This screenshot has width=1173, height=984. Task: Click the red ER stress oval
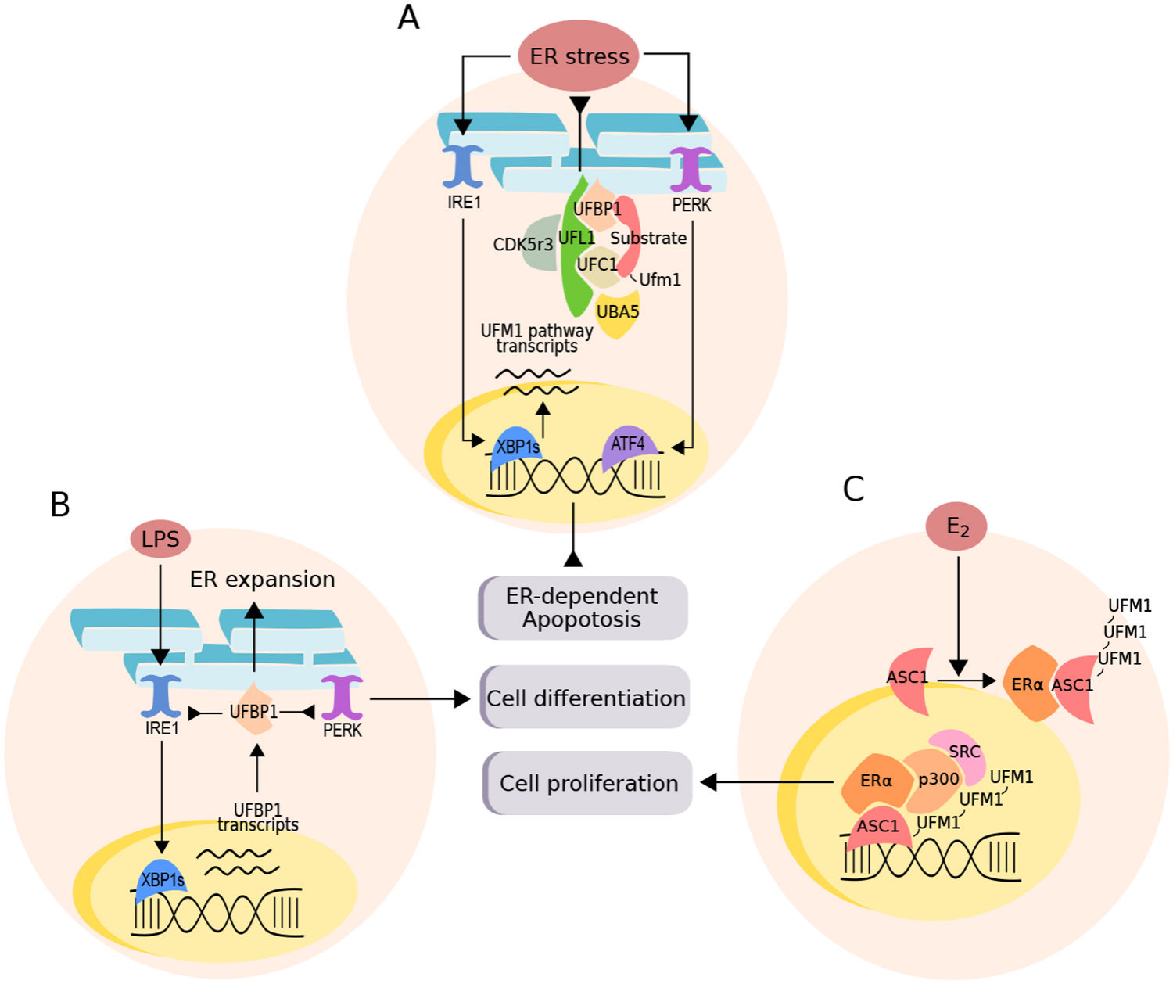[579, 56]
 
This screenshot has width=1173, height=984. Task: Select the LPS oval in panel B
[160, 539]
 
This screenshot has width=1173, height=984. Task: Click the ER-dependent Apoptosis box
[583, 608]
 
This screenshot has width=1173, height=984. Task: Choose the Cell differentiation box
[586, 698]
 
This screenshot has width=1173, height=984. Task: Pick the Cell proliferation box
[589, 783]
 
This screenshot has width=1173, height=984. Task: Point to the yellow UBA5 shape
[618, 314]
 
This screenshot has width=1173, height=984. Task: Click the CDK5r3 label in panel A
[522, 245]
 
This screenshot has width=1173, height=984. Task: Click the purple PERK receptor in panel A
[691, 169]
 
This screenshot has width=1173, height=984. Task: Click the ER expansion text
[262, 579]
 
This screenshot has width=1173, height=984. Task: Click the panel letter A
[408, 17]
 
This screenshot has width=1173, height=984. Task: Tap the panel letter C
[853, 489]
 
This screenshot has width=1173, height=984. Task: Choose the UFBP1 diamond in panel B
[253, 711]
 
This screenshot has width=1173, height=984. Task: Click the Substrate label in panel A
[648, 239]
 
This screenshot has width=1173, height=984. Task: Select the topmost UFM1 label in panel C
[1129, 605]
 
